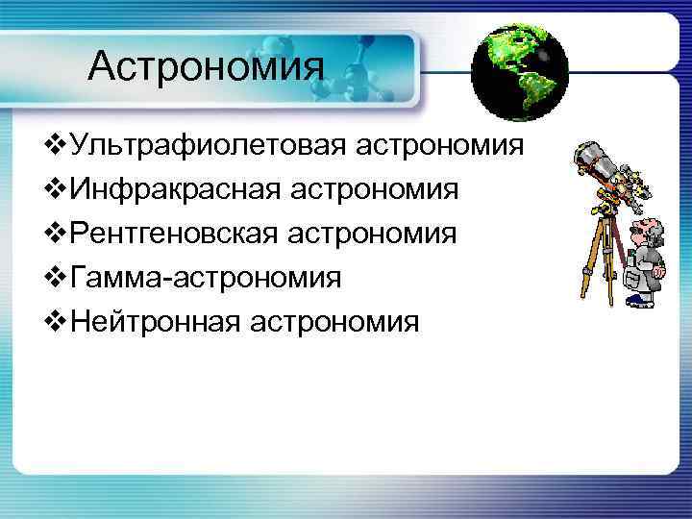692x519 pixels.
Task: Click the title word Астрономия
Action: tap(206, 66)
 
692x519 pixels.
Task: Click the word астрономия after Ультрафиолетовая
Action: tap(441, 147)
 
